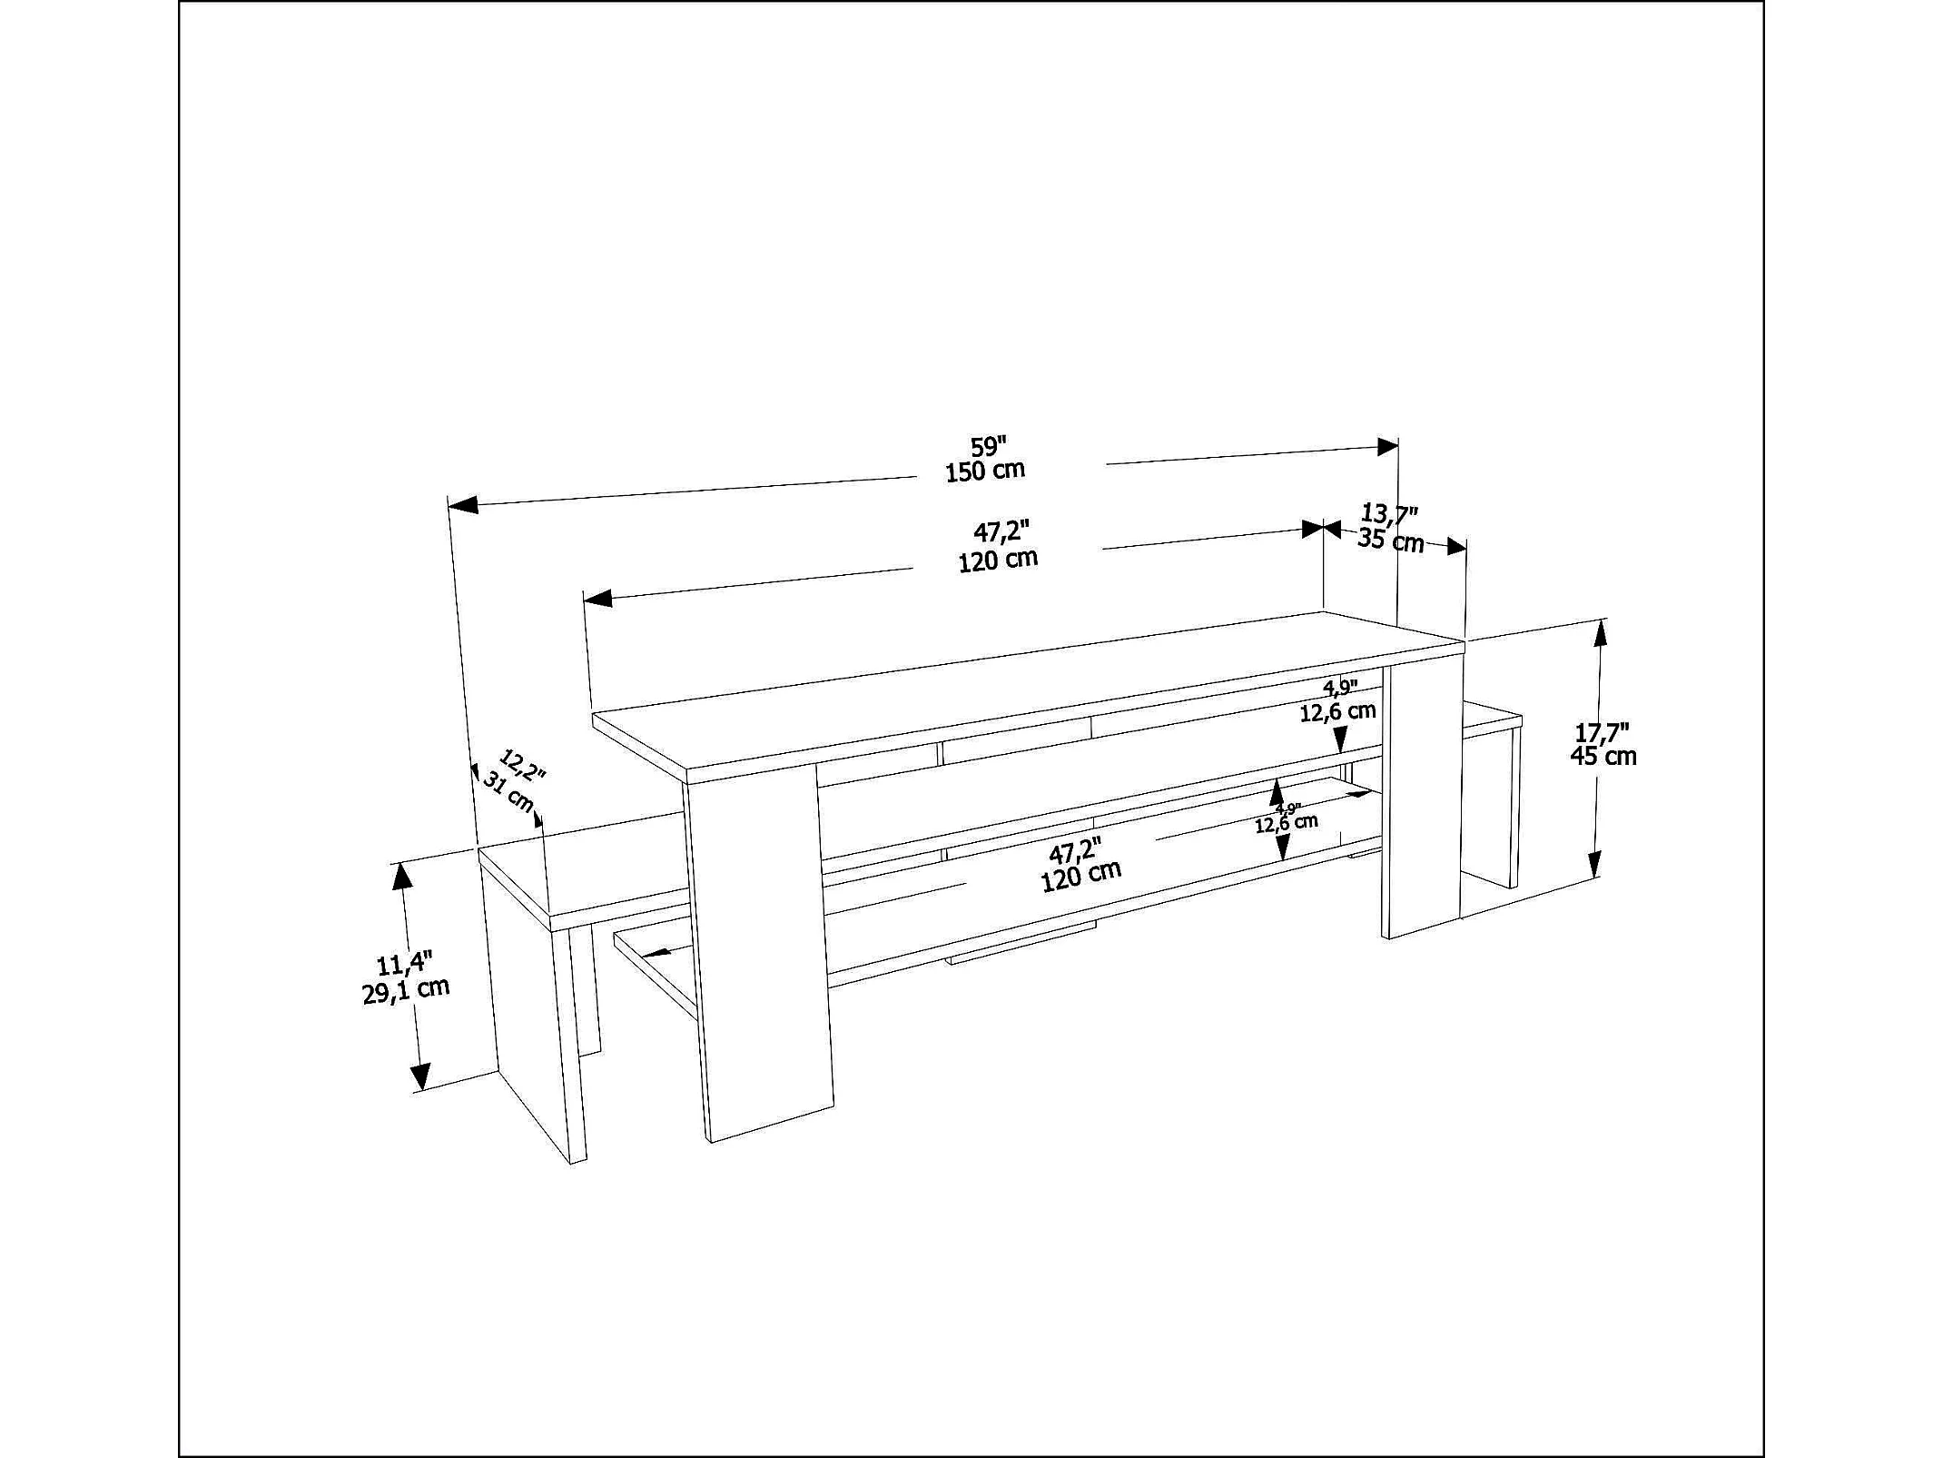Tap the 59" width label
pos(989,447)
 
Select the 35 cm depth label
pos(1391,541)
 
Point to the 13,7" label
pos(1390,515)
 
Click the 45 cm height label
pos(1603,756)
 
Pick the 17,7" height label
pos(1602,732)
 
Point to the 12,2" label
pos(523,765)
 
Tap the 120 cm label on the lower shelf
pos(1080,877)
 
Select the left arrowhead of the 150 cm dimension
pos(463,504)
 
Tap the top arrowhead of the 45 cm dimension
pos(1600,633)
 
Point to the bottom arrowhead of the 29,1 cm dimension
pos(419,1076)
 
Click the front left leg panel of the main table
pos(757,954)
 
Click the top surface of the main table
pos(1029,696)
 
